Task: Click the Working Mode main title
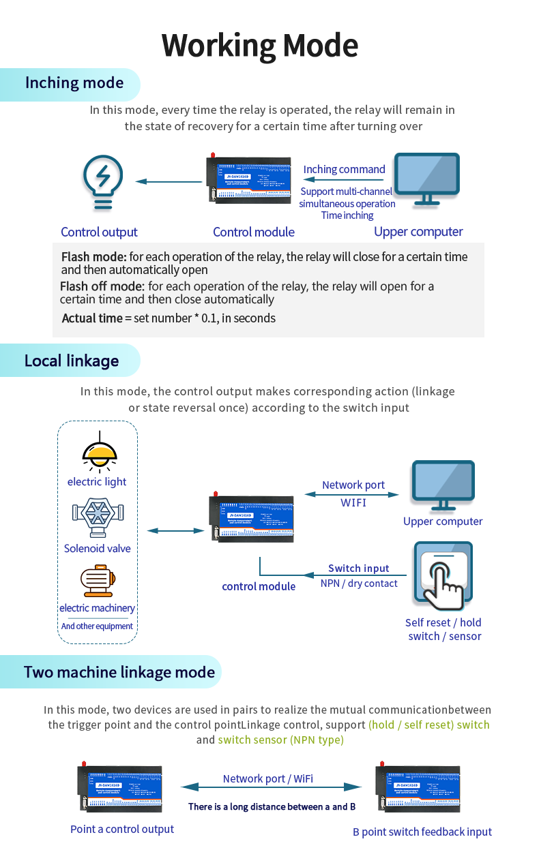pyautogui.click(x=260, y=46)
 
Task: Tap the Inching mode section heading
pyautogui.click(x=74, y=83)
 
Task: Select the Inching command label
pyautogui.click(x=344, y=169)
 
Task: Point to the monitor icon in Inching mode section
pyautogui.click(x=428, y=179)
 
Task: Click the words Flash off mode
pyautogui.click(x=102, y=286)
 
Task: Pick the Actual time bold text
pyautogui.click(x=92, y=318)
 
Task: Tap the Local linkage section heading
pyautogui.click(x=72, y=361)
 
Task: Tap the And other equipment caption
pyautogui.click(x=97, y=626)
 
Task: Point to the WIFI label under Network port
pyautogui.click(x=353, y=502)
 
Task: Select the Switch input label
pyautogui.click(x=359, y=568)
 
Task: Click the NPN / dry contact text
pyautogui.click(x=359, y=583)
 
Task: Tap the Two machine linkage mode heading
pyautogui.click(x=119, y=672)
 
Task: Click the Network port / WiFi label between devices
pyautogui.click(x=268, y=778)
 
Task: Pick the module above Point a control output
pyautogui.click(x=119, y=788)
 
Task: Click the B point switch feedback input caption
pyautogui.click(x=422, y=832)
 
